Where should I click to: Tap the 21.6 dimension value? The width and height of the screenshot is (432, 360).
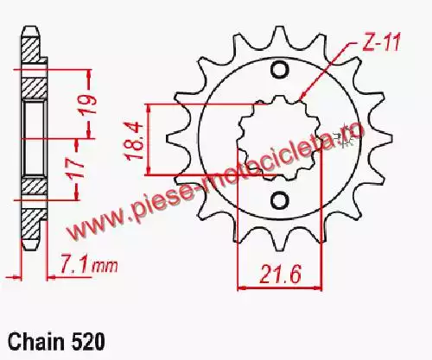coord(280,274)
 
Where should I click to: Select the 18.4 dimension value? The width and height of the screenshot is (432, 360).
coord(135,141)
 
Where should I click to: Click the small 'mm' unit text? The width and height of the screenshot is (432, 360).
coord(105,267)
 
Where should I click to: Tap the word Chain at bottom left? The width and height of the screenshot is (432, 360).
coord(35,342)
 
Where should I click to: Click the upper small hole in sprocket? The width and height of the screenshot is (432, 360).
coord(279,70)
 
